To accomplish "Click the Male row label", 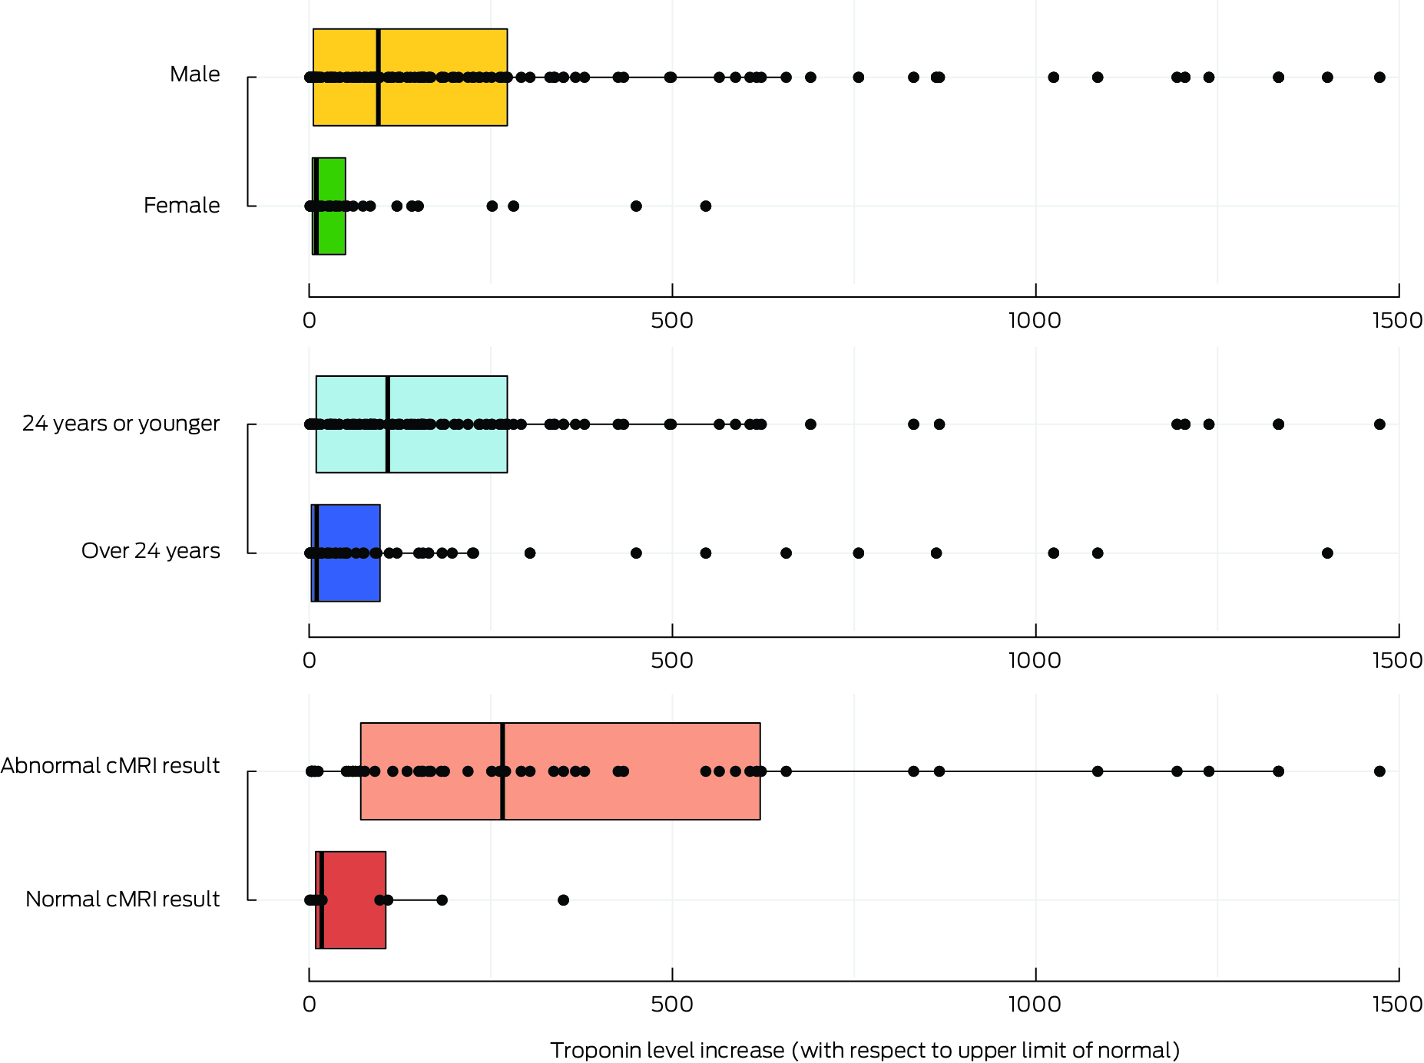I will [194, 74].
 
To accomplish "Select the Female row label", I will [181, 206].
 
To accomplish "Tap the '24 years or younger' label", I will [121, 424].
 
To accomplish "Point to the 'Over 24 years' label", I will [151, 551].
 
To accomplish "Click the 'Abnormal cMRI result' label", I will [110, 766].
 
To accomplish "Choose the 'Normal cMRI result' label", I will [122, 900].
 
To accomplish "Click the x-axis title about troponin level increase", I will [865, 1050].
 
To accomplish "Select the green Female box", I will [332, 230].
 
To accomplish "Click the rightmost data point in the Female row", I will [706, 206].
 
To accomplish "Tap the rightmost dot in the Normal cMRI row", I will [563, 900].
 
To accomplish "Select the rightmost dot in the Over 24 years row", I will [1327, 553].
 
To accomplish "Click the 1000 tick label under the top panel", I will [1035, 320].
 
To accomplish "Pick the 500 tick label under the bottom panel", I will [672, 1004].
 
